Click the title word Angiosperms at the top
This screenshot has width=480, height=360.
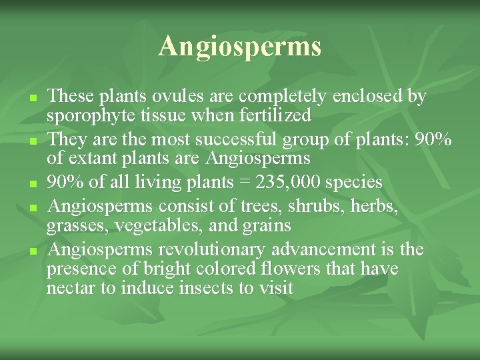(240, 47)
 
